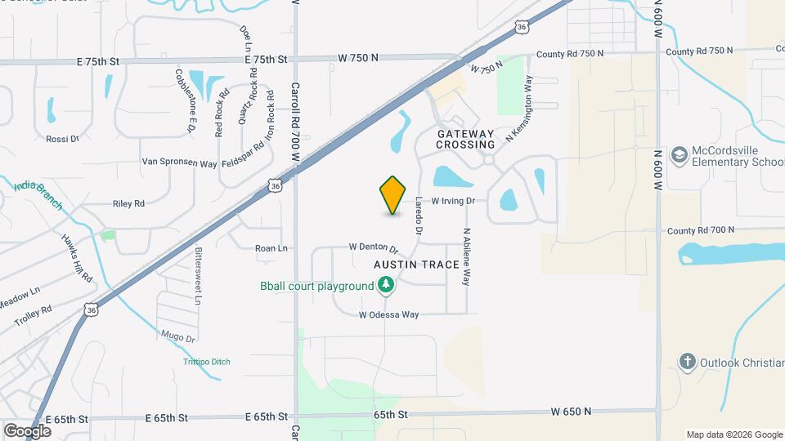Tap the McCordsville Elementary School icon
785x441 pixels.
[x=679, y=155]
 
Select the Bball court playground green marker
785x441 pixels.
[x=386, y=286]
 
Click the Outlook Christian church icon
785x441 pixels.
[x=688, y=361]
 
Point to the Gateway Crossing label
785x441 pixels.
[x=465, y=139]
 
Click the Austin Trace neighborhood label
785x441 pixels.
[x=413, y=265]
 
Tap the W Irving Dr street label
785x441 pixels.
[x=453, y=200]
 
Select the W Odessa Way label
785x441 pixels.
[x=389, y=314]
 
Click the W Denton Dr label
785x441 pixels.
[x=373, y=247]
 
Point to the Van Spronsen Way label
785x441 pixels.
[x=179, y=163]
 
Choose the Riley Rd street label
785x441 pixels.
[x=128, y=203]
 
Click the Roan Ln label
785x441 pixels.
[x=271, y=247]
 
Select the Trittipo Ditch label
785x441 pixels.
[x=206, y=362]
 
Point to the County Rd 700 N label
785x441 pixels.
[x=701, y=230]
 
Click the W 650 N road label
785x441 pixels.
[x=571, y=411]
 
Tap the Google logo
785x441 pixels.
[x=27, y=430]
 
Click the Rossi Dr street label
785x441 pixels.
[x=62, y=139]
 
